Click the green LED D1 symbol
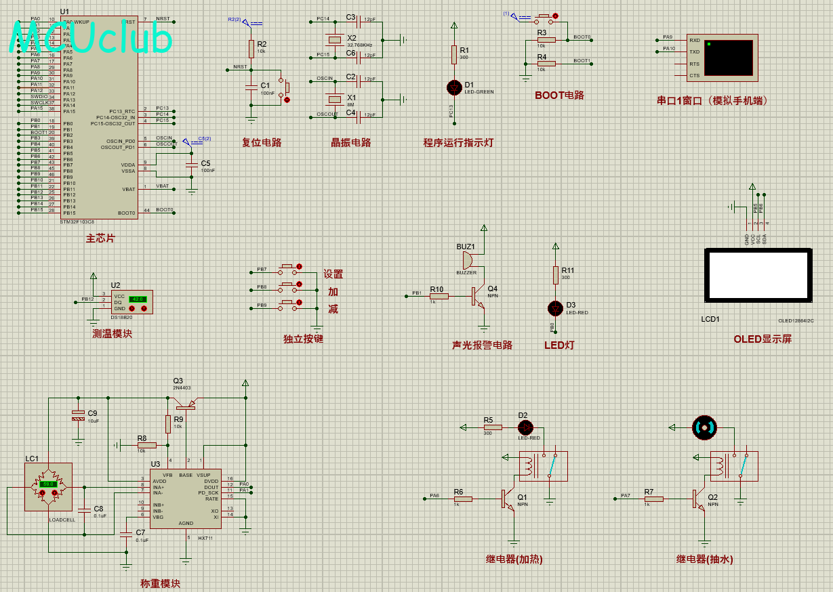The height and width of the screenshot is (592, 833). pos(455,87)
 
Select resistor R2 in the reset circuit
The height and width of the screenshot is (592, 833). pos(251,49)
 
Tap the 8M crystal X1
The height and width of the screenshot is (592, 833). pos(333,100)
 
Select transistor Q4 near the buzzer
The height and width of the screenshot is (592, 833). pos(478,296)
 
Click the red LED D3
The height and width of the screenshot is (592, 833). pos(556,308)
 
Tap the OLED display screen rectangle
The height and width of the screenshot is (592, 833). pos(757,276)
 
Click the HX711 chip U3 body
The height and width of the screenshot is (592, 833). pos(185,499)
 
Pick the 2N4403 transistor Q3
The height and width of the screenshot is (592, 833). pos(184,404)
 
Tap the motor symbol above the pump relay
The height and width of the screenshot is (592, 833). pos(704,427)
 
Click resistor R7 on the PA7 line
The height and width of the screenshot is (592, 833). pos(653,499)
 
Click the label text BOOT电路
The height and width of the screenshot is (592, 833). pos(559,96)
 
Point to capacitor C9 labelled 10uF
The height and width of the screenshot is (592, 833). pos(79,415)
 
